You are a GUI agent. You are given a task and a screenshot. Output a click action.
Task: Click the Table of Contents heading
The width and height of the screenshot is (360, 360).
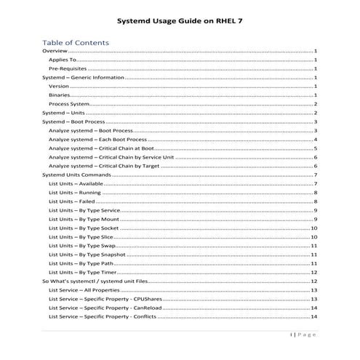click(x=76, y=42)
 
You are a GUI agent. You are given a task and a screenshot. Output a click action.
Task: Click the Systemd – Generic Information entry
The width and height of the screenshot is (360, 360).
click(x=83, y=77)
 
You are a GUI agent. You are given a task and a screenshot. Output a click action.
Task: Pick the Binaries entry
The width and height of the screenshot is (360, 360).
click(x=60, y=95)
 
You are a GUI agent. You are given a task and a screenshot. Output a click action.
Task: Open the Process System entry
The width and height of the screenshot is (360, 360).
click(x=68, y=104)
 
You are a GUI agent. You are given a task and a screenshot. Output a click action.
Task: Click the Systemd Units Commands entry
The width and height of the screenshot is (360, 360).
click(x=76, y=175)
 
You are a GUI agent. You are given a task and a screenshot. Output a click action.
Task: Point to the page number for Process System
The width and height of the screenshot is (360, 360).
click(x=316, y=104)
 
